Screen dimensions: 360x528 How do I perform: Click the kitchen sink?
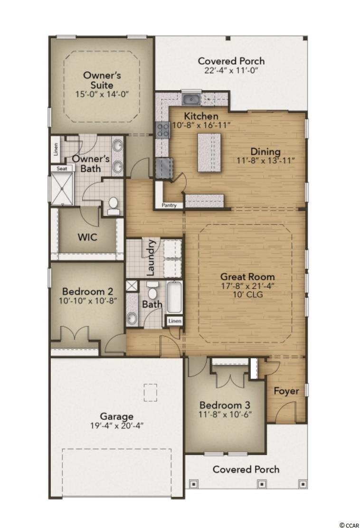click(x=191, y=99)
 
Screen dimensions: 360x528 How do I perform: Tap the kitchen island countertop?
click(x=209, y=152)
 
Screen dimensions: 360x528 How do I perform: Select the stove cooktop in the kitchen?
click(x=162, y=129)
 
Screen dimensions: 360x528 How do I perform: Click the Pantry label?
click(x=169, y=205)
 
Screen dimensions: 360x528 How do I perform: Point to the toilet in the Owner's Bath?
click(x=113, y=206)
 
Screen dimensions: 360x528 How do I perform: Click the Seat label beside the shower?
click(x=62, y=169)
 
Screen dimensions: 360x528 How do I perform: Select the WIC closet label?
click(x=87, y=237)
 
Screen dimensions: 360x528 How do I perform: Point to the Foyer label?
click(x=286, y=391)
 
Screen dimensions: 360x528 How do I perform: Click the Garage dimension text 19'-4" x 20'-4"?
click(x=117, y=425)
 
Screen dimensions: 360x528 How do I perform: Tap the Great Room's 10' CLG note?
click(x=247, y=295)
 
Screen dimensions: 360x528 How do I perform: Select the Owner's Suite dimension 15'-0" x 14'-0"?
click(x=102, y=94)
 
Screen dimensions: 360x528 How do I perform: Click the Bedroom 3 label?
click(x=225, y=405)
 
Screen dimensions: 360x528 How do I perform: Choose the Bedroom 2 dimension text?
click(x=88, y=301)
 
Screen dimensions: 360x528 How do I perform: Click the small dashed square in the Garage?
click(x=150, y=393)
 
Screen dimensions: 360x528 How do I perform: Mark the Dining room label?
click(x=265, y=152)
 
